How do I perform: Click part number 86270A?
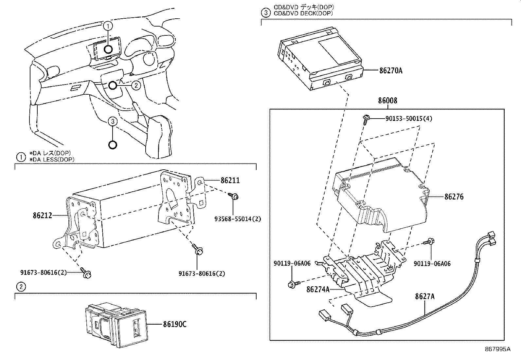(x=391, y=70)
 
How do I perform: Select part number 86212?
(x=42, y=216)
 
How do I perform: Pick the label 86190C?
(x=175, y=324)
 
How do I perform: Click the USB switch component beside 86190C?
(x=116, y=324)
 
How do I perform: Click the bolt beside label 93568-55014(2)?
(x=234, y=197)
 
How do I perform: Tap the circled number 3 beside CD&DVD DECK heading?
(x=265, y=13)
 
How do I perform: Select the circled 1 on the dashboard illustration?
(x=108, y=25)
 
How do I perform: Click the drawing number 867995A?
(x=497, y=349)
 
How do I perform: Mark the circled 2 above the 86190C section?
(x=21, y=287)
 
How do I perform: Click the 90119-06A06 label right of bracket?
(x=432, y=263)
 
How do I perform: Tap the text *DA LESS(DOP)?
(x=52, y=160)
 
